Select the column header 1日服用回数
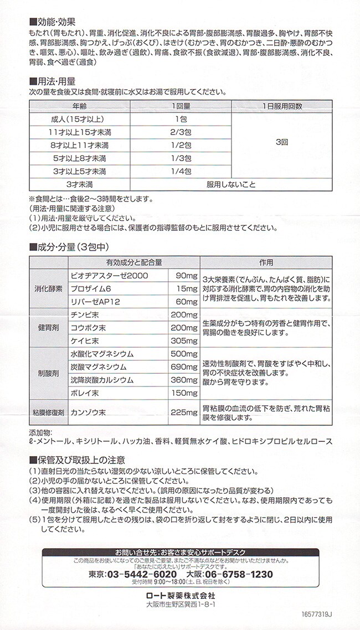point(282,105)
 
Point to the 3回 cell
point(282,142)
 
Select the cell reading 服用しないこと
point(231,184)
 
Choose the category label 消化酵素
point(48,288)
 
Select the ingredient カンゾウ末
point(89,412)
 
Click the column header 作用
point(266,262)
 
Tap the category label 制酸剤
point(48,374)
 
